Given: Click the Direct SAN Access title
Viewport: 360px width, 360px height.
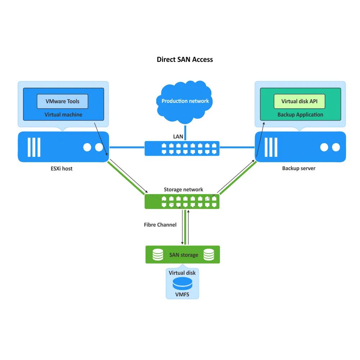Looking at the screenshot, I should [185, 59].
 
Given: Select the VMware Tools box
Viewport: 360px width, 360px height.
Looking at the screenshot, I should [62, 101].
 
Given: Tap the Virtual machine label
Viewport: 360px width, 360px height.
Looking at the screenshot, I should [63, 115].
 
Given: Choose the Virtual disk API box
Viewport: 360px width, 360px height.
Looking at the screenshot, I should [300, 101].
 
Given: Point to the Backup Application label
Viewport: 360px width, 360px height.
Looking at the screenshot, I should [300, 115].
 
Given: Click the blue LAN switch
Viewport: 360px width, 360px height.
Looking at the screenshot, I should [182, 148].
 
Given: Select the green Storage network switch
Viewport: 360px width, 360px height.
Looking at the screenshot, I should [182, 201].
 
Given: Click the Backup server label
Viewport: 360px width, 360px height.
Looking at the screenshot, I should [298, 168].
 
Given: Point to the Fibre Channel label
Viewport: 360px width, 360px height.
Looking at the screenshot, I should [160, 225].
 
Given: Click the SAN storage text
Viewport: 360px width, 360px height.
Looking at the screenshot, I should [184, 255].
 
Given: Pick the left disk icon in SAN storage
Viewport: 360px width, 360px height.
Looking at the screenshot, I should [158, 255].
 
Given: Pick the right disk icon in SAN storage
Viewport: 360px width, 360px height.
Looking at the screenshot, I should [209, 255].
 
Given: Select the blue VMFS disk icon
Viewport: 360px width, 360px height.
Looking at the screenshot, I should [182, 283].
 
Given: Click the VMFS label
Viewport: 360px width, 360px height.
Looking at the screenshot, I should [182, 294].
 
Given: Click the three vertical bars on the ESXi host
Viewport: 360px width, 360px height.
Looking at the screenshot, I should [34, 147].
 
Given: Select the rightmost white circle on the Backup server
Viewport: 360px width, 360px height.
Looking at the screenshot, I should [336, 147].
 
